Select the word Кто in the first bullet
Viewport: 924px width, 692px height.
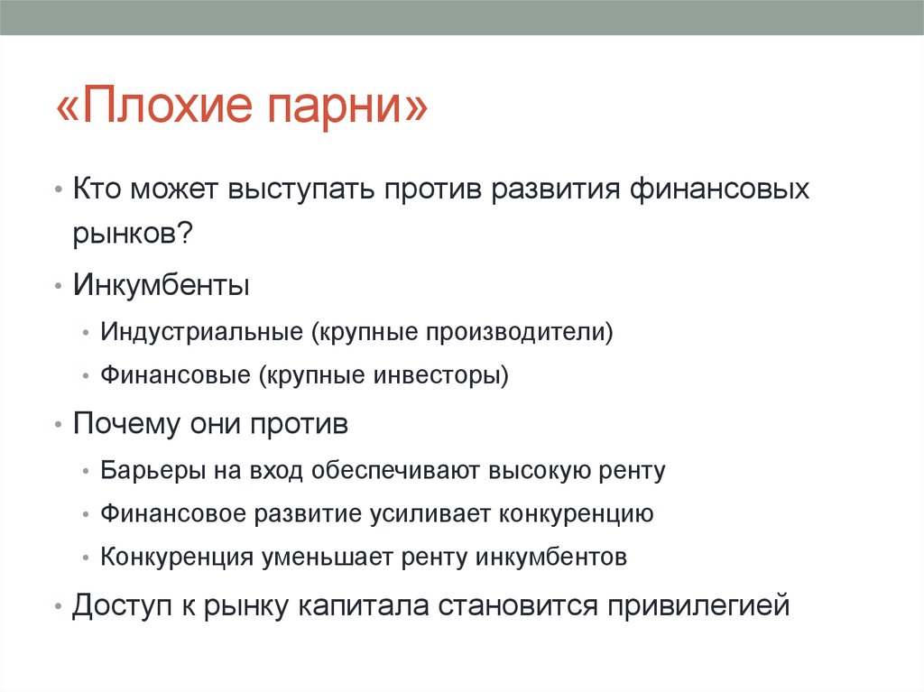97,191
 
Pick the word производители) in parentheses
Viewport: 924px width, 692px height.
521,332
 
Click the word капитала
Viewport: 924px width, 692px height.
366,605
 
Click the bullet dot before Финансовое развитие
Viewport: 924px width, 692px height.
84,514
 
